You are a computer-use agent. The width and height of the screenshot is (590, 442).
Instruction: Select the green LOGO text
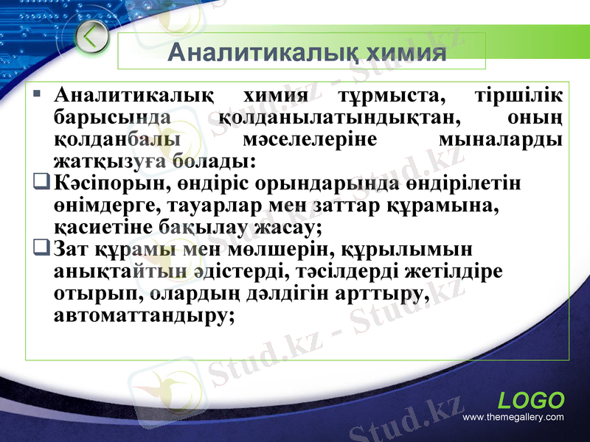click(x=531, y=401)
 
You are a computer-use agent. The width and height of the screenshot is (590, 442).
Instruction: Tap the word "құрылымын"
click(x=401, y=248)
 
